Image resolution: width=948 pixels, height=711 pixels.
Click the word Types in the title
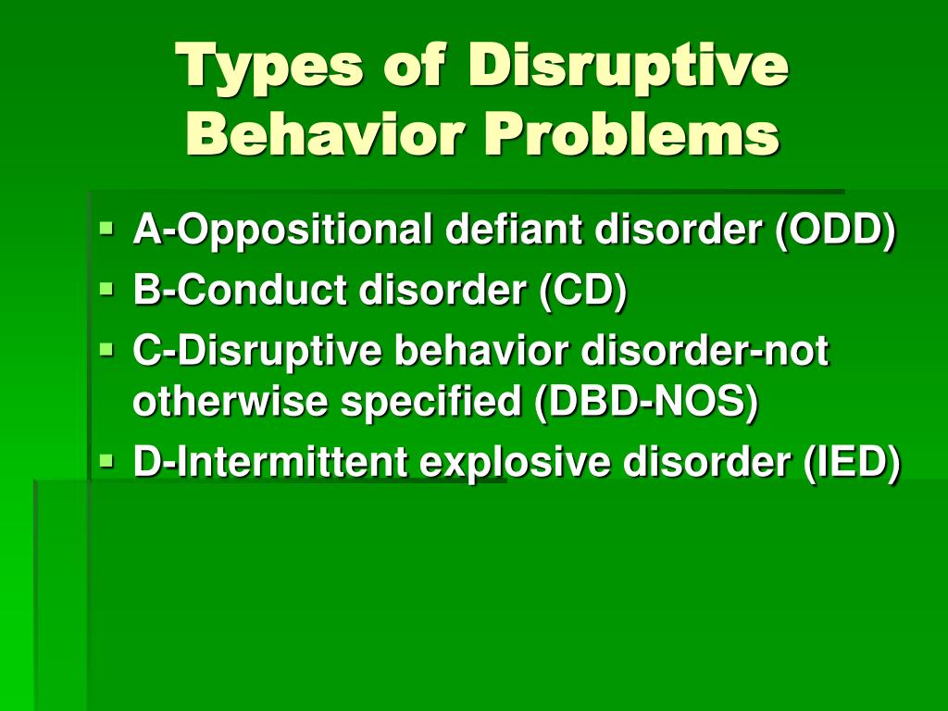coord(269,68)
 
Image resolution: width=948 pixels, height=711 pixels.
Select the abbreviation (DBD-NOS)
coord(645,402)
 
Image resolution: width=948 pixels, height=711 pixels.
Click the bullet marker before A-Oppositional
coord(106,229)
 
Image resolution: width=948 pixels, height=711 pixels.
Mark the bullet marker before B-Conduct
coord(106,289)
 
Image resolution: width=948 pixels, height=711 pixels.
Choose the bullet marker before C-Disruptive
coord(106,349)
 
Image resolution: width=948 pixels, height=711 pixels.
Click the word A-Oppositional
coord(282,231)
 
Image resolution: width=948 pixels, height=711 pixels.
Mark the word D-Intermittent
coord(269,461)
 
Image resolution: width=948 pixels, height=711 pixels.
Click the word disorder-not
coord(705,350)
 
